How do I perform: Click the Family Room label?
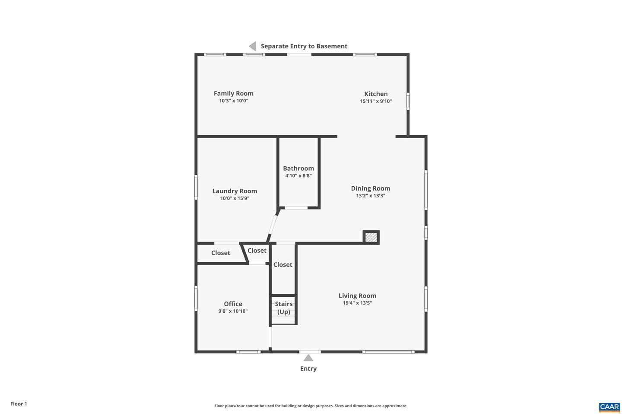click(x=234, y=94)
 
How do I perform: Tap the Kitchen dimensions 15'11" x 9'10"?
click(x=376, y=101)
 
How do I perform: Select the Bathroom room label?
click(x=298, y=168)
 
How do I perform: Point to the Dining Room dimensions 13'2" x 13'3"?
click(x=371, y=196)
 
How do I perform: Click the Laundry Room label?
click(x=235, y=191)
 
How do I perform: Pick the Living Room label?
click(x=357, y=295)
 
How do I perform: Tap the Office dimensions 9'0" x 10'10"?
click(x=233, y=311)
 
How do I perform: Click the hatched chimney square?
click(x=371, y=237)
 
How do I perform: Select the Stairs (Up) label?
click(x=283, y=308)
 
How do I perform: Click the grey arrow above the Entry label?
click(x=308, y=358)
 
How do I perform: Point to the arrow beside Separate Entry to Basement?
click(x=252, y=46)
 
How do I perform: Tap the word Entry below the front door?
click(x=308, y=369)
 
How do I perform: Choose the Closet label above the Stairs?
click(x=282, y=264)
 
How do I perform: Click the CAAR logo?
click(x=609, y=407)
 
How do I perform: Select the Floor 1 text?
click(x=19, y=404)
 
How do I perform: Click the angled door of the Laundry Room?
click(x=273, y=225)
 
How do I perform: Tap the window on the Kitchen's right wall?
click(x=408, y=101)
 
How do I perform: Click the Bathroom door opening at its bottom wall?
click(x=296, y=208)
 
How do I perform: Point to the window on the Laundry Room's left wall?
click(x=196, y=187)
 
